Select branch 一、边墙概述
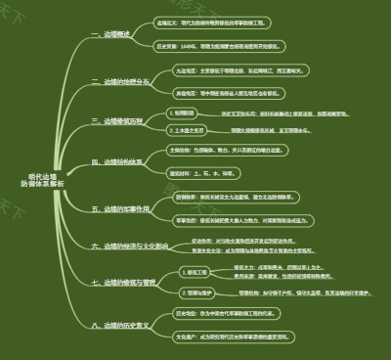pos(110,34)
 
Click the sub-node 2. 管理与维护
pos(197,292)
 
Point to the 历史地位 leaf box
pos(230,314)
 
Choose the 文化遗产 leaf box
pos(230,336)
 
